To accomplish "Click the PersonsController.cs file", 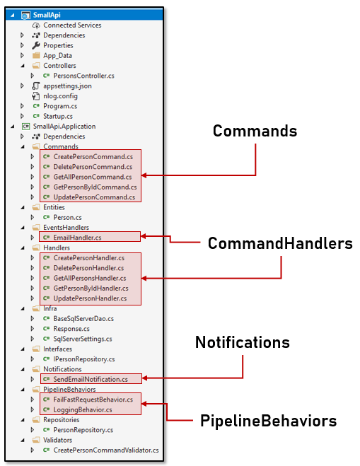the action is click(x=83, y=76).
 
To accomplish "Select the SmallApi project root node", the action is click(x=47, y=15).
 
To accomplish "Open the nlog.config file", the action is click(x=60, y=96).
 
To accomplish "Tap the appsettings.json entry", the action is click(x=67, y=86).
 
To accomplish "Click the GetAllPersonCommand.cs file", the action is click(x=93, y=177).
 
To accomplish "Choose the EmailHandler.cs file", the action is click(x=77, y=238).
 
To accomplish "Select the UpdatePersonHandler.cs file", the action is click(x=90, y=298).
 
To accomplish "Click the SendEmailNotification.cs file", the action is click(x=91, y=379).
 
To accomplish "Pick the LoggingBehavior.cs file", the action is click(x=83, y=410).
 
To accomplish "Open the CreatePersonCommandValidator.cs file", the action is click(x=106, y=450).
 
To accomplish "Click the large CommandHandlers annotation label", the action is click(x=280, y=243).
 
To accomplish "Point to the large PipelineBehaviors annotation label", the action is click(x=268, y=421).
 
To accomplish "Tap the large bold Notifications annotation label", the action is click(x=243, y=342).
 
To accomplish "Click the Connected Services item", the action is click(x=72, y=25).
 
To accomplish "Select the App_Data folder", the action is click(x=58, y=56).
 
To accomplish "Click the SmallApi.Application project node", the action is click(x=64, y=127).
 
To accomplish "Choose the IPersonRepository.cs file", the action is click(x=84, y=359).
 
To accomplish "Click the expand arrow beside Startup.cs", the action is click(x=23, y=116).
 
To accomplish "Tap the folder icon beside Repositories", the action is click(x=36, y=419).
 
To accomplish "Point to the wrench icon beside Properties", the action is click(x=36, y=45).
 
